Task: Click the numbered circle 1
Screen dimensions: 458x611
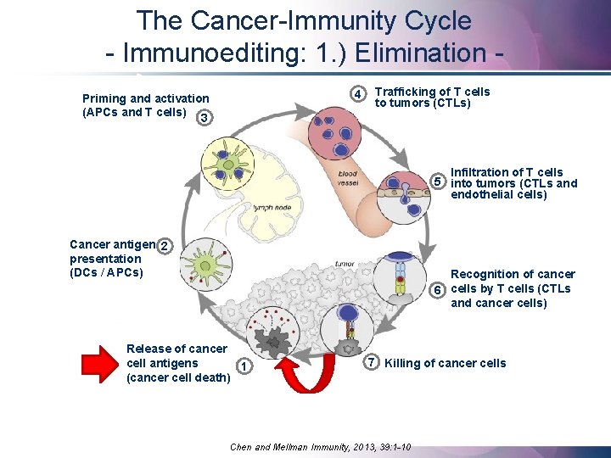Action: coord(244,366)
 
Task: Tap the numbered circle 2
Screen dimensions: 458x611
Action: coord(166,246)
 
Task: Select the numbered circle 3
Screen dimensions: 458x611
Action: coord(202,118)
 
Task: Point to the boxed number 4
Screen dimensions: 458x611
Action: coord(360,93)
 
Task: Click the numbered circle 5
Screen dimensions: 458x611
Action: coord(438,182)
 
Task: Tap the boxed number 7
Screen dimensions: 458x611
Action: coord(371,362)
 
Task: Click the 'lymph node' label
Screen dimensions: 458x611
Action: coord(273,207)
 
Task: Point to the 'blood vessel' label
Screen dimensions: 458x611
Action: coord(347,179)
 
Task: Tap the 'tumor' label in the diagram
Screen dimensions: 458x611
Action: coord(345,264)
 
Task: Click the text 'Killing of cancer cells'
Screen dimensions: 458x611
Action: coord(445,363)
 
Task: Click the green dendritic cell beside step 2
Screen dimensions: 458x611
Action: coord(203,262)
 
